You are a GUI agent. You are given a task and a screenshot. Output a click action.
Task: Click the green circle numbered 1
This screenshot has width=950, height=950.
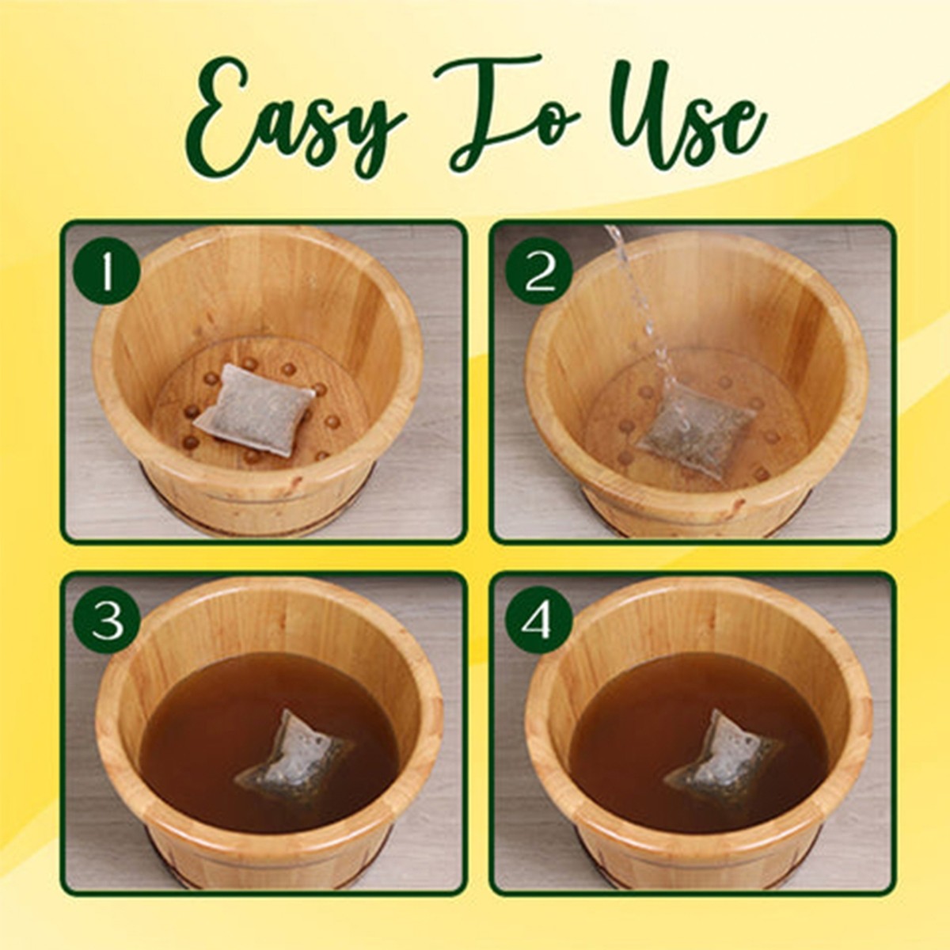click(x=107, y=272)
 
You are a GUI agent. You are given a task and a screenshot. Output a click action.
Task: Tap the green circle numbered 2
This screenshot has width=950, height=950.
click(x=539, y=272)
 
